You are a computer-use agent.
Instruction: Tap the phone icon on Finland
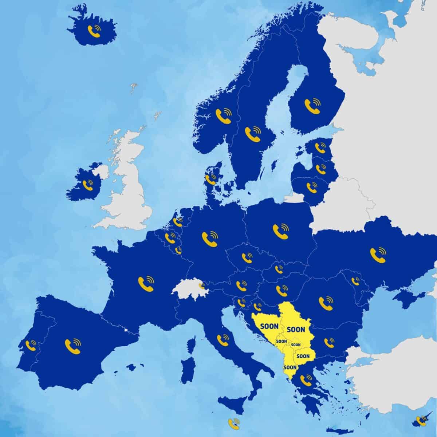[x=312, y=105]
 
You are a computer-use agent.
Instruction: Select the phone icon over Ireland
[x=88, y=185]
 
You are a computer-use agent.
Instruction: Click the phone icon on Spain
[x=72, y=344]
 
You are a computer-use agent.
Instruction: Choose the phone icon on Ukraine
[x=378, y=254]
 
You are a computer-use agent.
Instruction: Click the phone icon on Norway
[x=223, y=114]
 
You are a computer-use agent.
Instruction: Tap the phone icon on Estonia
[x=320, y=147]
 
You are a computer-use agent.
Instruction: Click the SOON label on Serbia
[x=296, y=330]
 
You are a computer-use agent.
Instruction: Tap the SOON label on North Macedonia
[x=303, y=355]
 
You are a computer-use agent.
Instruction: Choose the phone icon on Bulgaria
[x=329, y=342]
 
